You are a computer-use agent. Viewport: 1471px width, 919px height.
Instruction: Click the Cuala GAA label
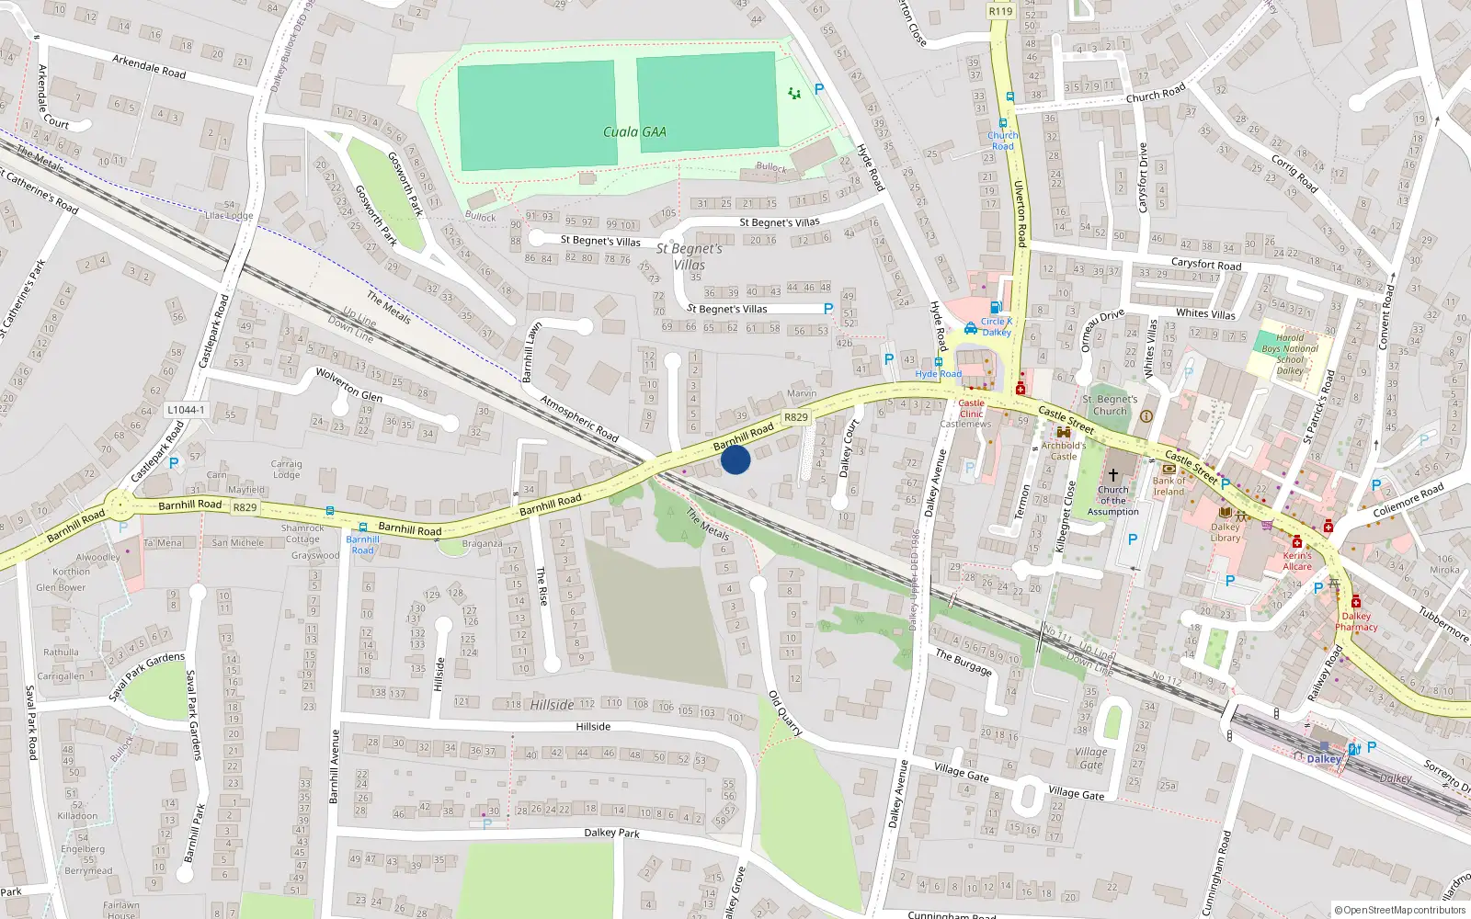(634, 132)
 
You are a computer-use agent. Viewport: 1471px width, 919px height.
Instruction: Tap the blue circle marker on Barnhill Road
(735, 459)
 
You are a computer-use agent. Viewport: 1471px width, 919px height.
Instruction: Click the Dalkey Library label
(1226, 532)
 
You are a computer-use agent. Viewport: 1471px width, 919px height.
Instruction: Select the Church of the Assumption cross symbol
(1112, 474)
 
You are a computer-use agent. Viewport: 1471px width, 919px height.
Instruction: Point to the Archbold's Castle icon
(1064, 432)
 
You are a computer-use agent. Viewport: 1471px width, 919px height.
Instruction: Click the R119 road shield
(1000, 11)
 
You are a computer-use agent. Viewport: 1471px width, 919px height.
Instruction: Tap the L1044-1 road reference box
(187, 410)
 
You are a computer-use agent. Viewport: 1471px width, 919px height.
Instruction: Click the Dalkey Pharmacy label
(1356, 621)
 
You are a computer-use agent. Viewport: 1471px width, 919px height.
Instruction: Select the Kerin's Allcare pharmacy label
(1297, 561)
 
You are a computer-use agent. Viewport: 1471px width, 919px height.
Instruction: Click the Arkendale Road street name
(149, 67)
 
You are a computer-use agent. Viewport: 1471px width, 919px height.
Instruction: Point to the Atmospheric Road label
(579, 417)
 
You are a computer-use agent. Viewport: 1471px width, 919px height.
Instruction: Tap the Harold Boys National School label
(1289, 354)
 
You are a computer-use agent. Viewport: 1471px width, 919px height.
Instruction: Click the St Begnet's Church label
(1110, 405)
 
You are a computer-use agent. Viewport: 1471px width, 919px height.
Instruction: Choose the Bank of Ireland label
(1169, 486)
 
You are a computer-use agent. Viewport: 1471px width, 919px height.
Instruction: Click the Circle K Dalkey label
(997, 326)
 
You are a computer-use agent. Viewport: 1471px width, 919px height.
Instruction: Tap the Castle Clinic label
(971, 408)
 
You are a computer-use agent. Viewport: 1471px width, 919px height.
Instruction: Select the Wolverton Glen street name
(348, 385)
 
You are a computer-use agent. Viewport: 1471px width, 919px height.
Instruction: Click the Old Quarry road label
(784, 713)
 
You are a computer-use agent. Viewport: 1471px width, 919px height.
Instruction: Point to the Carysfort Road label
(1206, 265)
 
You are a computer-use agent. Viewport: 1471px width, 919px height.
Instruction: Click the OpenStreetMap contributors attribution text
(1399, 910)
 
